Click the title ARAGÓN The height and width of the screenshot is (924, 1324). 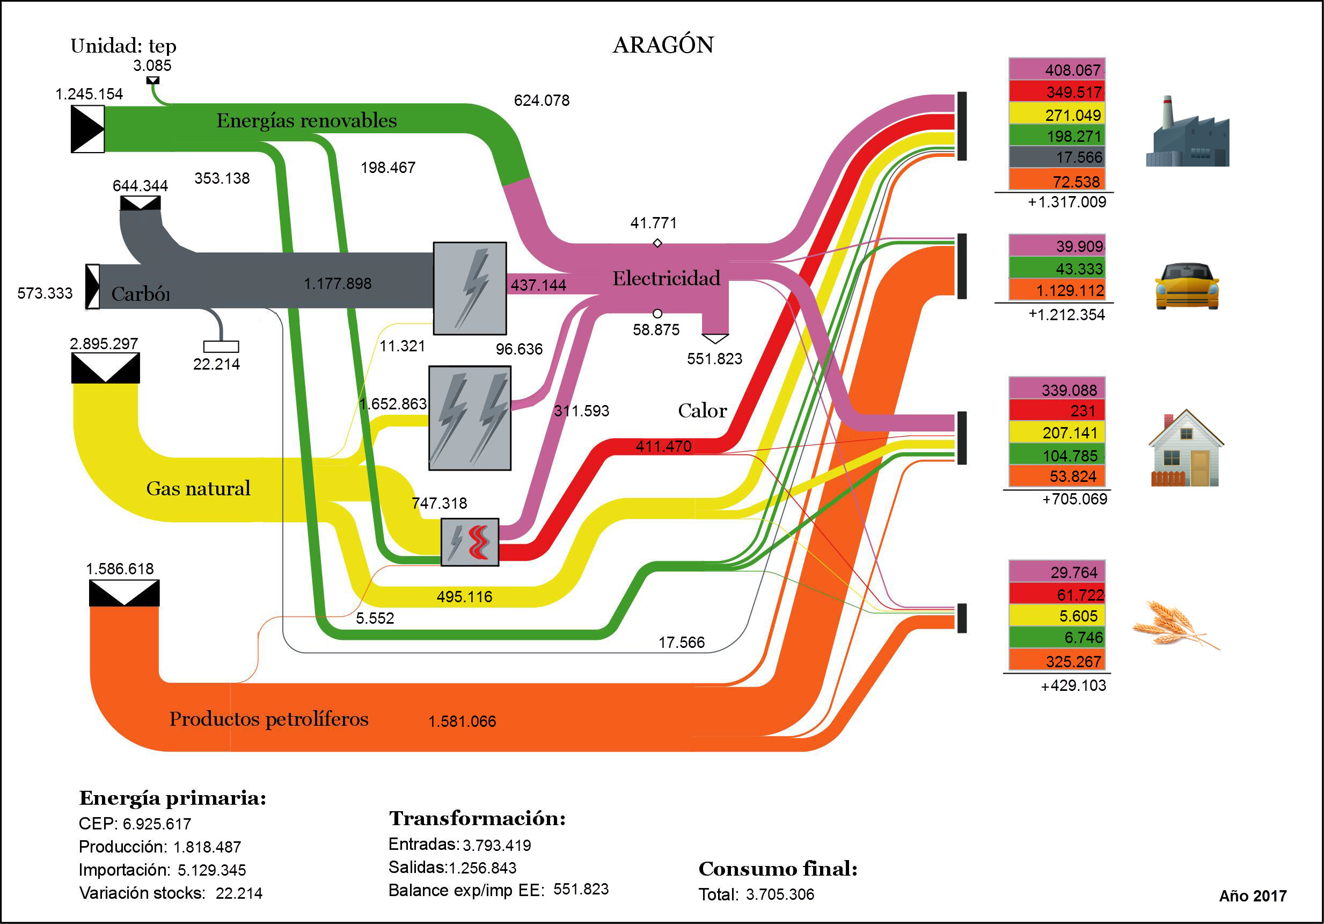(x=663, y=45)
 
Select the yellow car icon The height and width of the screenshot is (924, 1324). (x=1186, y=286)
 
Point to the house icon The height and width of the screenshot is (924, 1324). (x=1186, y=449)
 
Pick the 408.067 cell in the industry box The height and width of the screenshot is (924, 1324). (x=1056, y=70)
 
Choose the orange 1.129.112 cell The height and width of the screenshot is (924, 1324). (x=1056, y=290)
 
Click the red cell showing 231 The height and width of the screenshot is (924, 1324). (x=1056, y=411)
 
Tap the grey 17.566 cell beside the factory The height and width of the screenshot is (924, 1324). (x=1056, y=157)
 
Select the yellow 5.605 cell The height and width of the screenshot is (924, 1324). (x=1056, y=616)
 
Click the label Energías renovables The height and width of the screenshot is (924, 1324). (x=306, y=121)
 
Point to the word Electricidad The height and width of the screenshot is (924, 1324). (x=666, y=278)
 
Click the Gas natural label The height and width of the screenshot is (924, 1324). (x=198, y=489)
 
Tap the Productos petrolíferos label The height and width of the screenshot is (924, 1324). (x=269, y=719)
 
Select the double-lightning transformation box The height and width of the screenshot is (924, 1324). (x=470, y=418)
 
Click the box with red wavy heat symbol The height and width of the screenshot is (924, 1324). (x=470, y=542)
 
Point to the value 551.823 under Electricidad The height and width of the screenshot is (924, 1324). (x=714, y=359)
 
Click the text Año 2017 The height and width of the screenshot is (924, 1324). (x=1253, y=896)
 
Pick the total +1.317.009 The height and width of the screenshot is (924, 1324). (x=1067, y=202)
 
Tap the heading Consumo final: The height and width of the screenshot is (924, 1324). (x=777, y=869)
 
